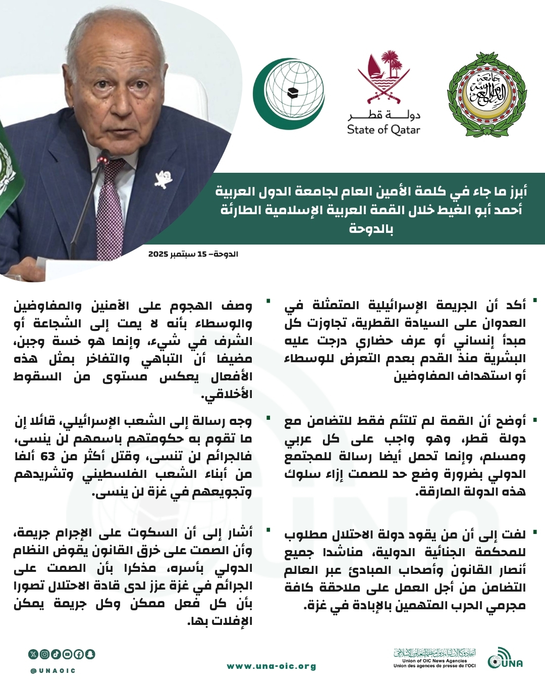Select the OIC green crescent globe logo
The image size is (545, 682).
tap(289, 93)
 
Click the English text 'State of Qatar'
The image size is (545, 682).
tap(384, 130)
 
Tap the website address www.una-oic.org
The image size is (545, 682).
tap(271, 666)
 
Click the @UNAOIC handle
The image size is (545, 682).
tap(53, 670)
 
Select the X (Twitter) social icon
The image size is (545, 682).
tap(33, 654)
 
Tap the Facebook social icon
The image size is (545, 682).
tap(79, 654)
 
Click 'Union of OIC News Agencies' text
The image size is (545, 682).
tap(434, 660)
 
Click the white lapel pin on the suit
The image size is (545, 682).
tap(164, 178)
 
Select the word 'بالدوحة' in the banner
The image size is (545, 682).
tap(371, 228)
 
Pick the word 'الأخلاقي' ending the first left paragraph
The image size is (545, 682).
tap(228, 395)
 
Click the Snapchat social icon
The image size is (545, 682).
tap(90, 654)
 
